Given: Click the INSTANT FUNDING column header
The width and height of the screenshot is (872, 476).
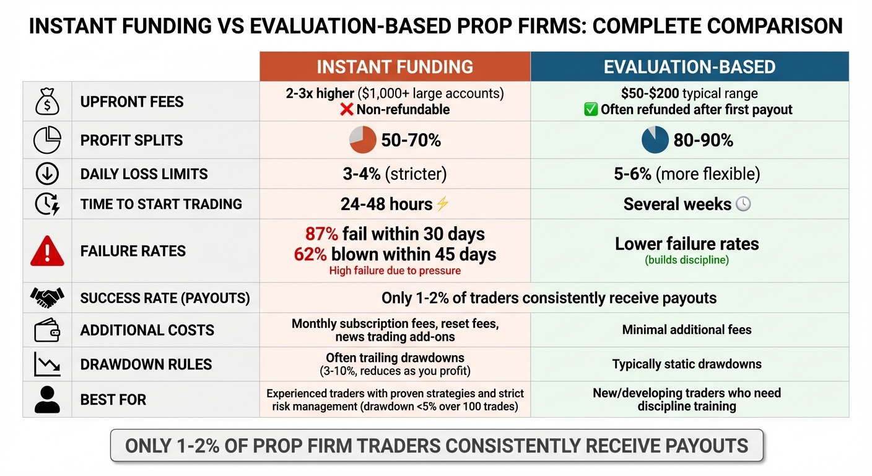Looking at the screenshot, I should (x=395, y=67).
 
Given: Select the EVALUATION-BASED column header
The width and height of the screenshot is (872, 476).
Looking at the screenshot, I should (x=689, y=67).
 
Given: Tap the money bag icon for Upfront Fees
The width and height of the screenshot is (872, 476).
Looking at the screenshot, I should (x=47, y=102).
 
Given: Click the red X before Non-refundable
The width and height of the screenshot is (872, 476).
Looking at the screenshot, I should (x=347, y=110).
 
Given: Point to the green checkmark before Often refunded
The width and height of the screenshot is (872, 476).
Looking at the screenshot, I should (x=590, y=110).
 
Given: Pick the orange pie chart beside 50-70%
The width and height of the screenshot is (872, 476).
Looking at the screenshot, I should (x=363, y=140).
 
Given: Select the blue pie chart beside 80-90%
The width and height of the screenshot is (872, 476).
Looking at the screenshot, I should (x=655, y=140).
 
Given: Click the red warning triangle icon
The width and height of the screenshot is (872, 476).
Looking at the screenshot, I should (x=47, y=251).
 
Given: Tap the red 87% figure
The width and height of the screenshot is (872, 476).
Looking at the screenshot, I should (x=321, y=234).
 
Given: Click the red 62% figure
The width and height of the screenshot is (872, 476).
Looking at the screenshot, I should (x=310, y=254).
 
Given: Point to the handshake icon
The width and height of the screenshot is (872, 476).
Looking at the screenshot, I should (x=47, y=298).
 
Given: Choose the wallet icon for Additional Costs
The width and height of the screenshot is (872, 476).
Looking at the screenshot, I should (x=47, y=330).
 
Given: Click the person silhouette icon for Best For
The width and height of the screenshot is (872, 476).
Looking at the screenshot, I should (x=47, y=399).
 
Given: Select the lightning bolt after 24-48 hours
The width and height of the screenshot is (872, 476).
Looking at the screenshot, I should (x=442, y=205).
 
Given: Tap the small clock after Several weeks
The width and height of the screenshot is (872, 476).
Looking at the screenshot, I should (x=743, y=205).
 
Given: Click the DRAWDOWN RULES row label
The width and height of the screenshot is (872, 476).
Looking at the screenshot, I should (x=146, y=364).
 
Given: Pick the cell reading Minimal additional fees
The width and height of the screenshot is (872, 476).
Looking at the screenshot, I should (x=687, y=330).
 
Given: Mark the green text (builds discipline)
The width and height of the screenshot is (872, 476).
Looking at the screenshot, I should (x=687, y=260).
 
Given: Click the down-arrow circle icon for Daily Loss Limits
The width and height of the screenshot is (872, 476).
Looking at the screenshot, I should (x=47, y=174).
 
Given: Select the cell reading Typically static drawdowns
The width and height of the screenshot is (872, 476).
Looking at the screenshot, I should (x=687, y=364).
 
